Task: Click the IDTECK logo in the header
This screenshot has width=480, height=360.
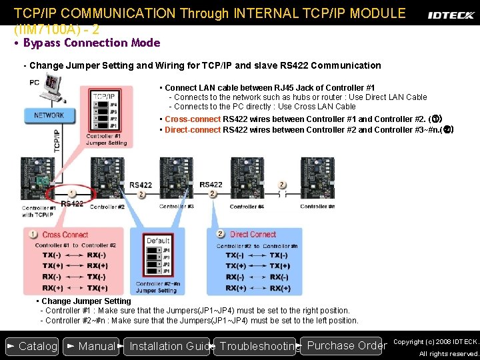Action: coord(450,15)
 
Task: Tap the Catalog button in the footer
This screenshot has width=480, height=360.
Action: coord(31,346)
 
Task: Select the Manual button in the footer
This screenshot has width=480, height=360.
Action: coord(91,346)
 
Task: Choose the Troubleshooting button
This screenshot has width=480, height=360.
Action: coord(257,346)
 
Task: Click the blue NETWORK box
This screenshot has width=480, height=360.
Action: coord(49,115)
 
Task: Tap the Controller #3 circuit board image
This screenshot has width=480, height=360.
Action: coord(176,178)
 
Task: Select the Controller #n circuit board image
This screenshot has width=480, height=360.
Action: coord(317,178)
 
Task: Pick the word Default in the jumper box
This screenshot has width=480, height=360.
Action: coord(159,241)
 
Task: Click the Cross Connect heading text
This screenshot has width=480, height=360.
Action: coord(65,235)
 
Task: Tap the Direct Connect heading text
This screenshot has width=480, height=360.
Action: coord(253,234)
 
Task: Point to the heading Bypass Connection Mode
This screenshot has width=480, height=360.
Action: coord(91,43)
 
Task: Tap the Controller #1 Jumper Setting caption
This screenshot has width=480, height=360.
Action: coord(107,139)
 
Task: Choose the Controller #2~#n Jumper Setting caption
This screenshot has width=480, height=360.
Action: coord(157,287)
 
